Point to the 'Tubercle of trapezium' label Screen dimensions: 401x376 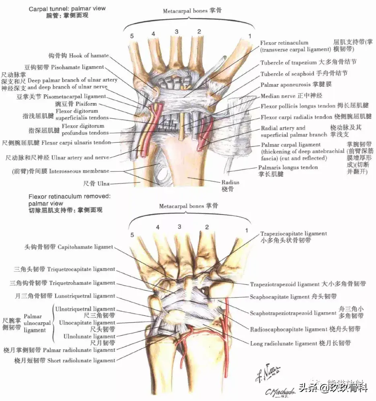[289, 63]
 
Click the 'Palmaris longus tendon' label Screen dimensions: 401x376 [288, 168]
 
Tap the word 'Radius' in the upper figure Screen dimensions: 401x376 [230, 182]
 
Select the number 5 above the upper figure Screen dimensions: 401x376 [131, 36]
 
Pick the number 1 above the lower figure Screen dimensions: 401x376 [247, 230]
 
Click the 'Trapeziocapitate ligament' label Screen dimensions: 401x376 [294, 234]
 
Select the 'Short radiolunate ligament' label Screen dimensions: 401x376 [81, 360]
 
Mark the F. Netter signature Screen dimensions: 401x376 [268, 374]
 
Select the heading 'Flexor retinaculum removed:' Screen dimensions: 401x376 [69, 196]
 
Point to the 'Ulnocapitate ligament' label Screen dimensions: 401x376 [87, 323]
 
